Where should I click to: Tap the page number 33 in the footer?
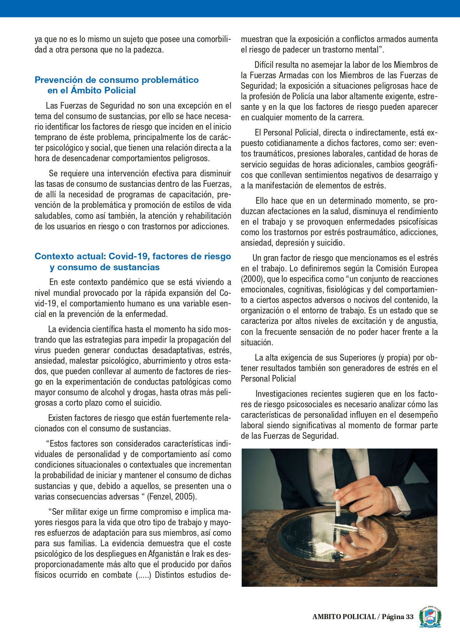409,616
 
